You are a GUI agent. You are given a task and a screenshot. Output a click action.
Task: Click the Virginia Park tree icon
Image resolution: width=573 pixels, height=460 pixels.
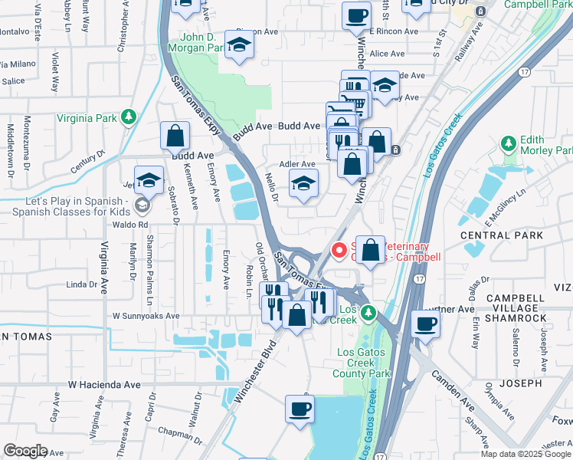129,117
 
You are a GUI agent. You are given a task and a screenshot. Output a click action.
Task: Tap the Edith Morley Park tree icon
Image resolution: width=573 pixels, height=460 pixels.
506,143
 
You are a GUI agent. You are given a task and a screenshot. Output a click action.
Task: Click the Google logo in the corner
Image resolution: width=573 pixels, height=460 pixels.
25,451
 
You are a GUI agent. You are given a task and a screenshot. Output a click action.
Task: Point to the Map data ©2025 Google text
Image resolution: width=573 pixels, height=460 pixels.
525,454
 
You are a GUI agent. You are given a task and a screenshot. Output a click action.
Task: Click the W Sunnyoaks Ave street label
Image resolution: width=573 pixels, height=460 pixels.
146,315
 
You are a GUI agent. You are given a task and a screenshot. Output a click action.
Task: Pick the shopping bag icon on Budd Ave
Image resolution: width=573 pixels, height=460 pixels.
175,136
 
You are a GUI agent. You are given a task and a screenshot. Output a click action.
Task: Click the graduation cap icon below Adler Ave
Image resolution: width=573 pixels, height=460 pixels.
304,184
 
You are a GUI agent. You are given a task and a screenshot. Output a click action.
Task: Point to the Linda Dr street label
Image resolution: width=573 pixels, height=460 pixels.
82,284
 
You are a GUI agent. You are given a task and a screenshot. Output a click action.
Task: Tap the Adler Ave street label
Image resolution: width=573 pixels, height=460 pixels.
297,164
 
